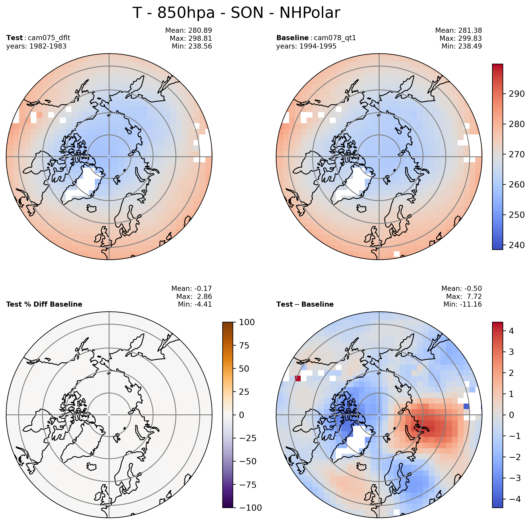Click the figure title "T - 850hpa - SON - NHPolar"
coord(236,13)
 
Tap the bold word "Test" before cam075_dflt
coord(15,38)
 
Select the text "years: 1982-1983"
coord(36,46)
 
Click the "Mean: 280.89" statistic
coord(189,30)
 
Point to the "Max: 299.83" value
coord(460,39)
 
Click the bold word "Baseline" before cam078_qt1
coord(292,38)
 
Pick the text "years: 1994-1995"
coord(306,46)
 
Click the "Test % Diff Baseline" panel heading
coord(44,304)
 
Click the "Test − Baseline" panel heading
coord(305,304)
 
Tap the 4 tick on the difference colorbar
coord(511,331)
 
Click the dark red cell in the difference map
coord(298,379)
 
